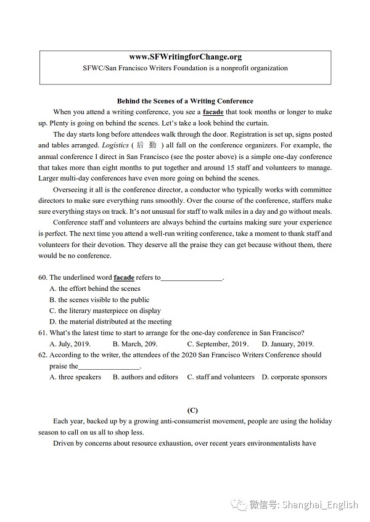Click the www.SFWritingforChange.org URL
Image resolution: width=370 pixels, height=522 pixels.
[185, 57]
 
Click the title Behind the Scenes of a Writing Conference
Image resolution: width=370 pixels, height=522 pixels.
[185, 101]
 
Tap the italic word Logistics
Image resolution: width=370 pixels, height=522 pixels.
[115, 145]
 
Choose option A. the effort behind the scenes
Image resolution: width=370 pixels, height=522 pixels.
[95, 288]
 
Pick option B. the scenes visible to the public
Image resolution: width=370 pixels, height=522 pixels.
[99, 300]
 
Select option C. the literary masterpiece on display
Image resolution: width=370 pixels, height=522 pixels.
[105, 311]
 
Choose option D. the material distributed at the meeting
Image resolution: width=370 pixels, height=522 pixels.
[110, 322]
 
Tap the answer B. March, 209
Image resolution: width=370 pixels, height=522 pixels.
[134, 344]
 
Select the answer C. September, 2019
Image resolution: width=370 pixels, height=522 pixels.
[218, 344]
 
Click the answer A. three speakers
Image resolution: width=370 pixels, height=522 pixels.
[75, 377]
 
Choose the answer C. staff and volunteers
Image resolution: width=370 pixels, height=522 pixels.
[221, 377]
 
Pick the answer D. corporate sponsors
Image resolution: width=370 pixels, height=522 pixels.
[294, 377]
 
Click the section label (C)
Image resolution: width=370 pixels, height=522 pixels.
[192, 410]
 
